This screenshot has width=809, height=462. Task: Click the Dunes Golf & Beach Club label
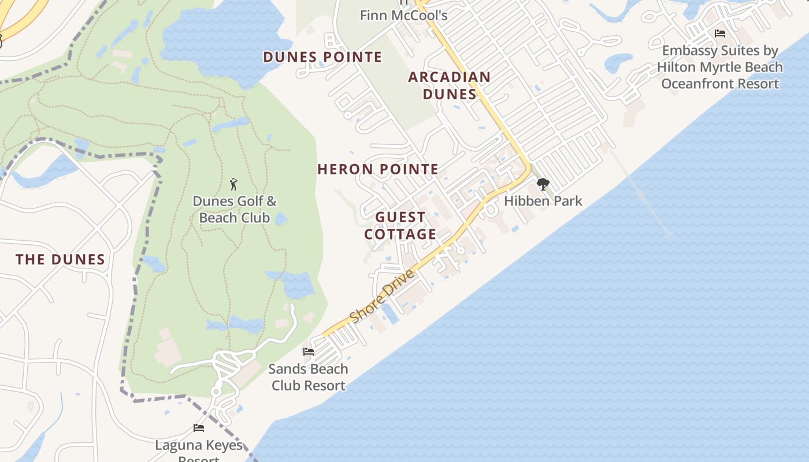pos(234,210)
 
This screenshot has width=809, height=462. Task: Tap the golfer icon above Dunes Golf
pos(233,184)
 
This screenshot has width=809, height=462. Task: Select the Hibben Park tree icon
pos(543,184)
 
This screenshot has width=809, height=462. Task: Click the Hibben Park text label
pos(543,201)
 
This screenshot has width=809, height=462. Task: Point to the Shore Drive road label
pos(382,296)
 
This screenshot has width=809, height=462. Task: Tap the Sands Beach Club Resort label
pos(308,377)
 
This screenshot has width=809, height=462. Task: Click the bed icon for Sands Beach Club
pos(309,351)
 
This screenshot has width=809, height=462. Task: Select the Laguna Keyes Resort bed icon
pos(199,428)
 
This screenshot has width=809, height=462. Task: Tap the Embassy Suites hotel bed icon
pos(720,33)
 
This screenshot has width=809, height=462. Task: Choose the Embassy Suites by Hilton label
pos(720,67)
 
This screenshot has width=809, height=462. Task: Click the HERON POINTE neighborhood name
pos(378,169)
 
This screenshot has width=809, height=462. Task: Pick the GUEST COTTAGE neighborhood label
pos(400,226)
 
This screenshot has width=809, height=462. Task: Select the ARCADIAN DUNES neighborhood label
pos(450,85)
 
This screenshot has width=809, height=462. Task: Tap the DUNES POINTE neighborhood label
pos(322,57)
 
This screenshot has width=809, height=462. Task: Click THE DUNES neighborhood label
pos(60,259)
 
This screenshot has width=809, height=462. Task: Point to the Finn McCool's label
pos(403,16)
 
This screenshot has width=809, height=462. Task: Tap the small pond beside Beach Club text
pos(281,219)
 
